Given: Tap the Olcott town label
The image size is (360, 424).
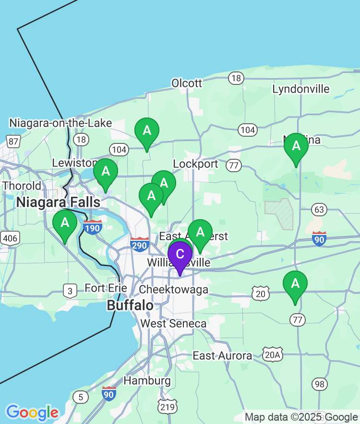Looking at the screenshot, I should click(x=187, y=83).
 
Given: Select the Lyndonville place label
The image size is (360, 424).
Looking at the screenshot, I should click(x=301, y=89).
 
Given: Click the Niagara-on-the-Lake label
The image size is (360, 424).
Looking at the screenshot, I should click(x=60, y=123).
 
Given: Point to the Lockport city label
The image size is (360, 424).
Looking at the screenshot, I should click(x=195, y=164).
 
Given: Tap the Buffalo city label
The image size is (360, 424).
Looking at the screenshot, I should click(x=130, y=306).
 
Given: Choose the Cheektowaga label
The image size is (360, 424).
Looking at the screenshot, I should click(x=173, y=289).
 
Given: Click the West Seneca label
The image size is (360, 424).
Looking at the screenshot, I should click(x=173, y=323).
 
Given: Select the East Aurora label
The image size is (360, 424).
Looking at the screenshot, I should click(x=222, y=355).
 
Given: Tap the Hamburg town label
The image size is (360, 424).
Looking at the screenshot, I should click(x=147, y=381).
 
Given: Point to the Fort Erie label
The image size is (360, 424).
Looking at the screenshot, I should click(x=106, y=288).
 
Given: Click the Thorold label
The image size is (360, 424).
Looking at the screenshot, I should click(x=22, y=186).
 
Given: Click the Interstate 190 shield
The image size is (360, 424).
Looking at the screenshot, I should click(x=92, y=227).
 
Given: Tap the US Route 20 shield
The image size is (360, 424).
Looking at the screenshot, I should click(x=261, y=293).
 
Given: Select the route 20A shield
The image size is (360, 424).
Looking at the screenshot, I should click(x=273, y=354).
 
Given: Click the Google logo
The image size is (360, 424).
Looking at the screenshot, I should click(x=32, y=412).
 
